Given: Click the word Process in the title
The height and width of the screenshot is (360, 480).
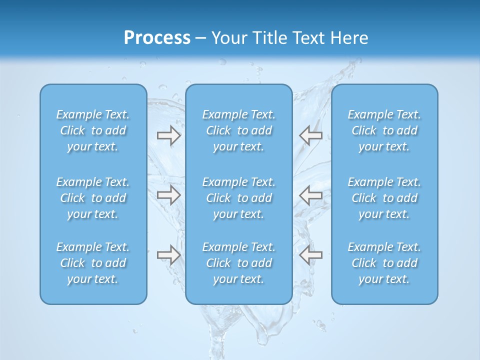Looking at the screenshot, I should tap(157, 38).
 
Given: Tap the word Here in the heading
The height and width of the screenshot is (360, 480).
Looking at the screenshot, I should tap(348, 38).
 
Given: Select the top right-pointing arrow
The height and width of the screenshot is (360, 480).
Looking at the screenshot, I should tap(168, 135).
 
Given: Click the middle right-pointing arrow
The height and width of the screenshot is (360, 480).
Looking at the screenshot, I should tap(168, 195).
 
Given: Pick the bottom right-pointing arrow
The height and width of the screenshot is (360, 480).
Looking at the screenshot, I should tap(168, 255).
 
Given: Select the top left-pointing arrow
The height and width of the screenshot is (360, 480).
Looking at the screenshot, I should tap(310, 135).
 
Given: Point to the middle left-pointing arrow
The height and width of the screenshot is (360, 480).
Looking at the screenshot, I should tap(310, 195).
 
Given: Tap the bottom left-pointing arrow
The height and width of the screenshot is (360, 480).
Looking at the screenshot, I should tap(310, 255).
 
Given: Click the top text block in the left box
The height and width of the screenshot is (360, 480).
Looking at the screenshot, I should tap(93, 130).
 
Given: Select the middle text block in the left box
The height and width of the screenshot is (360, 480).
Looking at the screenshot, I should tap(93, 198).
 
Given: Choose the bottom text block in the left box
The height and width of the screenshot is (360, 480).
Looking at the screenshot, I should tap(93, 263).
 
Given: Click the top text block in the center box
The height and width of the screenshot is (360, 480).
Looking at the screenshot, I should tap(238, 130).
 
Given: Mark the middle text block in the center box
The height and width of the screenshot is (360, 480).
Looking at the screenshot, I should tap(238, 198).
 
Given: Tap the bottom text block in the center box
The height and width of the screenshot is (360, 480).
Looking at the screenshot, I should tap(238, 263).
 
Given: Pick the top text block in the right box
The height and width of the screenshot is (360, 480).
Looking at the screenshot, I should tap(384, 130).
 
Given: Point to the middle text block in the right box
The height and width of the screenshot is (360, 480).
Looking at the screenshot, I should tap(384, 198).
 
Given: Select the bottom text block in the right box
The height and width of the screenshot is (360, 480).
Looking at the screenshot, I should tap(384, 263).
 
